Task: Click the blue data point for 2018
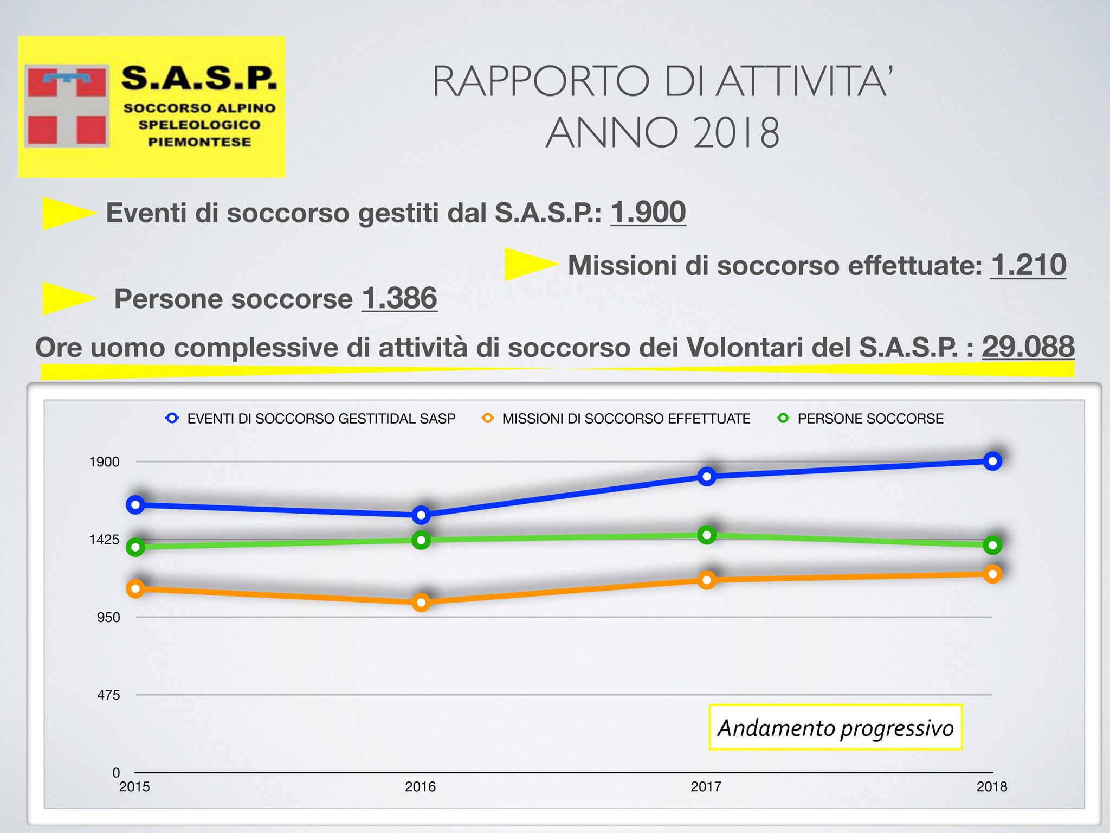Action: (992, 461)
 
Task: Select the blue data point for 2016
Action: (421, 515)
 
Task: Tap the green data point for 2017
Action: (707, 535)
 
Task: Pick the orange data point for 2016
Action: (421, 602)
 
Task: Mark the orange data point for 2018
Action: (992, 574)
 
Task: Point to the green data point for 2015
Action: (135, 547)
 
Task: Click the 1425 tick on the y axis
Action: (105, 540)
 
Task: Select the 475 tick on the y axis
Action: (108, 695)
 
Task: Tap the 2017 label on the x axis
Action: (706, 786)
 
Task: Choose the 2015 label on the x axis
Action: (134, 786)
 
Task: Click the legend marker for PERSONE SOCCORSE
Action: (783, 418)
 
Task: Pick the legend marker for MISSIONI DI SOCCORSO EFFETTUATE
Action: (488, 418)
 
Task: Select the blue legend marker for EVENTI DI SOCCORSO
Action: (172, 418)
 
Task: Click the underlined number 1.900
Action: (648, 212)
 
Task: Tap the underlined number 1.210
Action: (1028, 265)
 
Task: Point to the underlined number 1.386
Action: (399, 298)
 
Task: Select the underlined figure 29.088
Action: (1028, 347)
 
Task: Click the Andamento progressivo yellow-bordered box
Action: (835, 727)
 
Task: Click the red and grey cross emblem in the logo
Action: (66, 106)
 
